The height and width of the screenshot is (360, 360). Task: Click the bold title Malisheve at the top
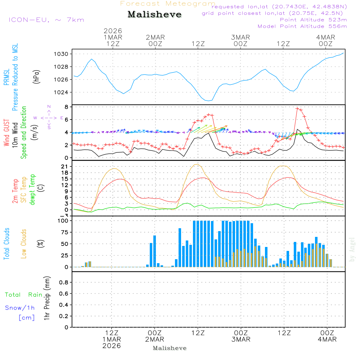pos(154,15)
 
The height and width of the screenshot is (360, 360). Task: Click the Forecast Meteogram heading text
pos(168,4)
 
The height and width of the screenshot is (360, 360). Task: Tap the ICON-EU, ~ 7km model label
pos(46,20)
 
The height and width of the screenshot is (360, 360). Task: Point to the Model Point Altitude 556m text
pos(302,26)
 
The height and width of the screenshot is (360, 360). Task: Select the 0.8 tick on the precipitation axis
pos(64,283)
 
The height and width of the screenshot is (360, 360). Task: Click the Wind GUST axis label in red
pos(6,133)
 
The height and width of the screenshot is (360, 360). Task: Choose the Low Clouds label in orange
pos(24,243)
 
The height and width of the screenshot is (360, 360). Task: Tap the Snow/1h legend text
pos(20,308)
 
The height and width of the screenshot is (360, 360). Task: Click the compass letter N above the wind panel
pos(49,107)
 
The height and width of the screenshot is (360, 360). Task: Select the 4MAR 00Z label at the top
pos(326,40)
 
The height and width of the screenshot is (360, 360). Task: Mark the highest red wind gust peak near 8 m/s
pos(297,108)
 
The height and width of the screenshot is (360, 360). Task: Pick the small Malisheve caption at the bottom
pos(170,348)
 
